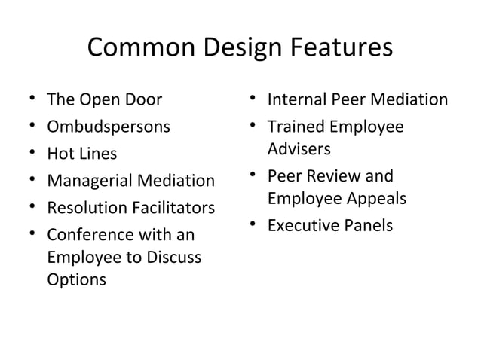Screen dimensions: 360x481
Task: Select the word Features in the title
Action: pos(339,47)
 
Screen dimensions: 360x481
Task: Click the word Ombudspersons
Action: pos(108,126)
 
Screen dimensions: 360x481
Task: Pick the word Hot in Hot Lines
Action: pos(60,154)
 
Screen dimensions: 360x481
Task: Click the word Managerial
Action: pos(89,181)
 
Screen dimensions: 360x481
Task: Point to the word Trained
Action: pos(295,127)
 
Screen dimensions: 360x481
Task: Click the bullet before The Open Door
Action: pos(27,100)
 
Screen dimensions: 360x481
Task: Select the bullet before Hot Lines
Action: pos(27,154)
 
